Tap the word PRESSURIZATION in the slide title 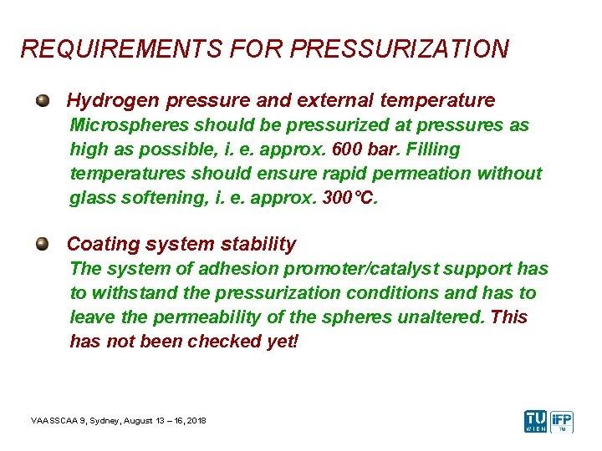399,49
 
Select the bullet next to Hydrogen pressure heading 42,101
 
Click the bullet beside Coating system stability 42,244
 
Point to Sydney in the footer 111,420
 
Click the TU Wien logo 535,421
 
